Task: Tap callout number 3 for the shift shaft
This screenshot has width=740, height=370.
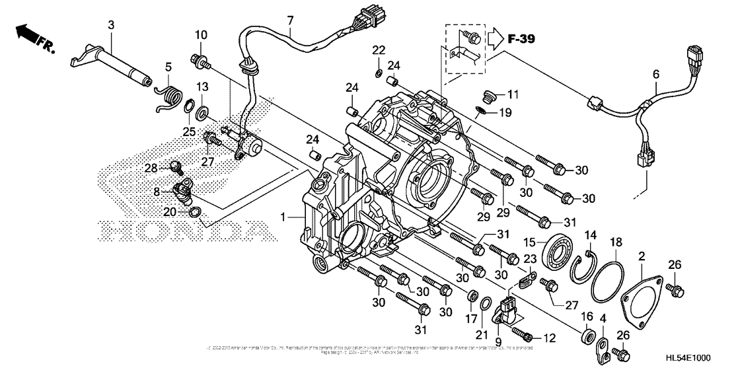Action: pyautogui.click(x=111, y=24)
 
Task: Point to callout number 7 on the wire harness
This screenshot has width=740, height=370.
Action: pyautogui.click(x=289, y=20)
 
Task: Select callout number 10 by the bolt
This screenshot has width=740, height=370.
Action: pyautogui.click(x=201, y=34)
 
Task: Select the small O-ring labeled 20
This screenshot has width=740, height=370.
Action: pyautogui.click(x=195, y=212)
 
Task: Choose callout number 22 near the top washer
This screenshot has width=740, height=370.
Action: pyautogui.click(x=377, y=50)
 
